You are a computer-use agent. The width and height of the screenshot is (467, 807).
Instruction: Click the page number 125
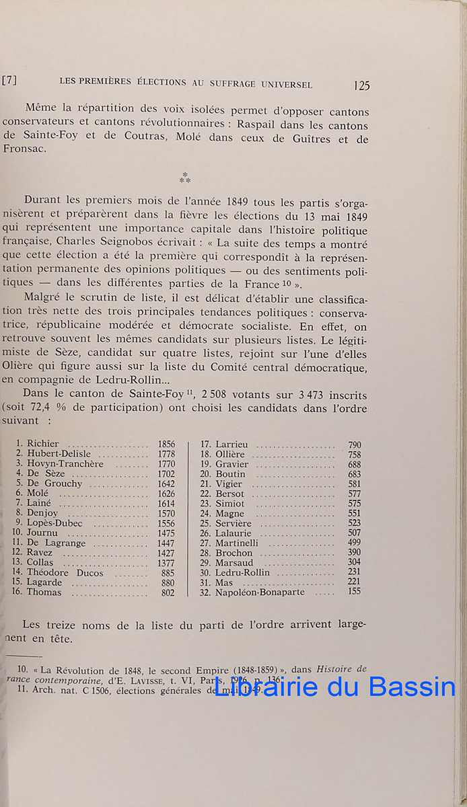tap(361, 85)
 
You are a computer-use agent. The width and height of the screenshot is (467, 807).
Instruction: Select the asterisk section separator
tap(184, 178)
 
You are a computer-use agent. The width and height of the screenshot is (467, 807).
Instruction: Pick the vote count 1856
tap(166, 444)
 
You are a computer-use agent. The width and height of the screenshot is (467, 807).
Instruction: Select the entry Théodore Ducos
tap(65, 573)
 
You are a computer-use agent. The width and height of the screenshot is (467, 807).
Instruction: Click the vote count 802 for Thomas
tap(168, 592)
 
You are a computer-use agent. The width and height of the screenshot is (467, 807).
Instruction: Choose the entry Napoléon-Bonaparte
tap(260, 592)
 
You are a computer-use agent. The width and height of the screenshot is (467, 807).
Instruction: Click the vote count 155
tap(354, 592)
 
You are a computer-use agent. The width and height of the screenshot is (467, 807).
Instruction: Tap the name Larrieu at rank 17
tap(231, 445)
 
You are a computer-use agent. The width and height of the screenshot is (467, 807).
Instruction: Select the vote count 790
tap(354, 445)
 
